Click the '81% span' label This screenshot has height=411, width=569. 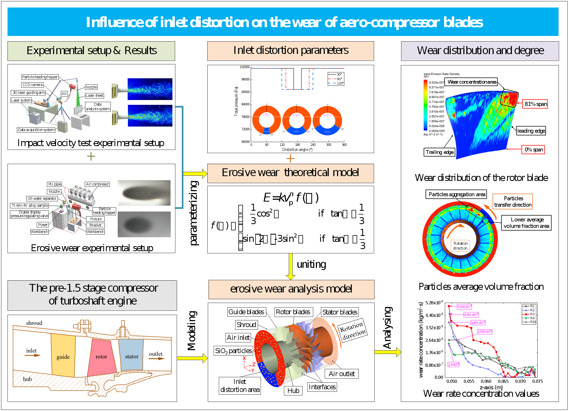tap(535, 104)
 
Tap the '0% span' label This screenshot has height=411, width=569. tap(533, 150)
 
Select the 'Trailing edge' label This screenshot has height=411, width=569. tap(439, 152)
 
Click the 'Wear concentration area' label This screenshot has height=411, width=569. tap(472, 82)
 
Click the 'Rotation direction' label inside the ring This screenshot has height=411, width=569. tap(460, 246)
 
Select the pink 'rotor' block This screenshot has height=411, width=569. tap(101, 357)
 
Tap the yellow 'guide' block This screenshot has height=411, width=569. tap(63, 357)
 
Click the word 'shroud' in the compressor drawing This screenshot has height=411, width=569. tap(34, 323)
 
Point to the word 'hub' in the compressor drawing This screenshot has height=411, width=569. tap(27, 379)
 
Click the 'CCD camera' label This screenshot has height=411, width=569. tap(32, 85)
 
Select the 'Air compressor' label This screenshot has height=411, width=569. tap(97, 184)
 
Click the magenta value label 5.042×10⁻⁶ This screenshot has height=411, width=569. tap(464, 306)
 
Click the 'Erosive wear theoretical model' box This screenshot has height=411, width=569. tap(290, 173)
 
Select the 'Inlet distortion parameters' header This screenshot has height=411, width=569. tap(290, 51)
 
